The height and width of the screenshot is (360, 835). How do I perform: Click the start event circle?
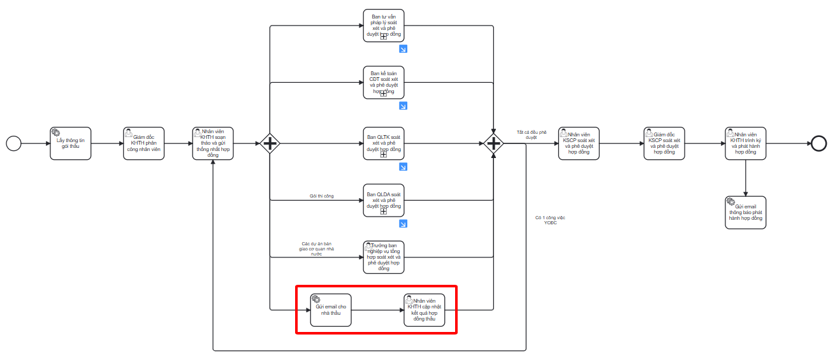click(13, 143)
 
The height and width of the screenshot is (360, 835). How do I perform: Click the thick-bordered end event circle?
click(819, 143)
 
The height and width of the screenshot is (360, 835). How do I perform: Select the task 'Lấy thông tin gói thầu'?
click(71, 143)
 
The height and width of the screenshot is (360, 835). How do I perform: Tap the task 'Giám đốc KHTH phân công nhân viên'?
click(143, 143)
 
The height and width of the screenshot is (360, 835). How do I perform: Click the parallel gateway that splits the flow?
click(270, 143)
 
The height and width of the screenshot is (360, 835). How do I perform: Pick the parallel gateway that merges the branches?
click(493, 143)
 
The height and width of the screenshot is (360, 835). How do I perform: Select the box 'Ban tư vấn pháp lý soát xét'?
click(384, 26)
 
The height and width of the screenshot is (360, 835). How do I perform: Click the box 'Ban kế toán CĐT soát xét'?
click(384, 82)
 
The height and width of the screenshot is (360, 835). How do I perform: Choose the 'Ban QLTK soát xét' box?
click(384, 143)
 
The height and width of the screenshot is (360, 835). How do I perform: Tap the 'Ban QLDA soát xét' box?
click(384, 200)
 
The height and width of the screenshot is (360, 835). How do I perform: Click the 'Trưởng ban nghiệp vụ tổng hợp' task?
click(384, 257)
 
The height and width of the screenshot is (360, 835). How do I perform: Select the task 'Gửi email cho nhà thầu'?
click(331, 310)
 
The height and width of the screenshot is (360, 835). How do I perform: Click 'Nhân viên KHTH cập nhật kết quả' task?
click(424, 310)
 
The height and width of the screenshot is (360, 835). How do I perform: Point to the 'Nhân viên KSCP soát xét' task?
click(579, 143)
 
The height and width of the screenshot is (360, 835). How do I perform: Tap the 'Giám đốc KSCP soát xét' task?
click(664, 143)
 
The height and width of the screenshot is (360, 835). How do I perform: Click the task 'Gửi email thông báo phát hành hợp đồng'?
click(745, 213)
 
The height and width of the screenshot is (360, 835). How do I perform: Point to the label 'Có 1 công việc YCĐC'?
click(550, 220)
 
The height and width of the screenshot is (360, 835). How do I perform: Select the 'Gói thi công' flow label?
click(321, 196)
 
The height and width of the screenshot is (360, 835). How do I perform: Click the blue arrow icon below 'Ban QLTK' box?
click(403, 167)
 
